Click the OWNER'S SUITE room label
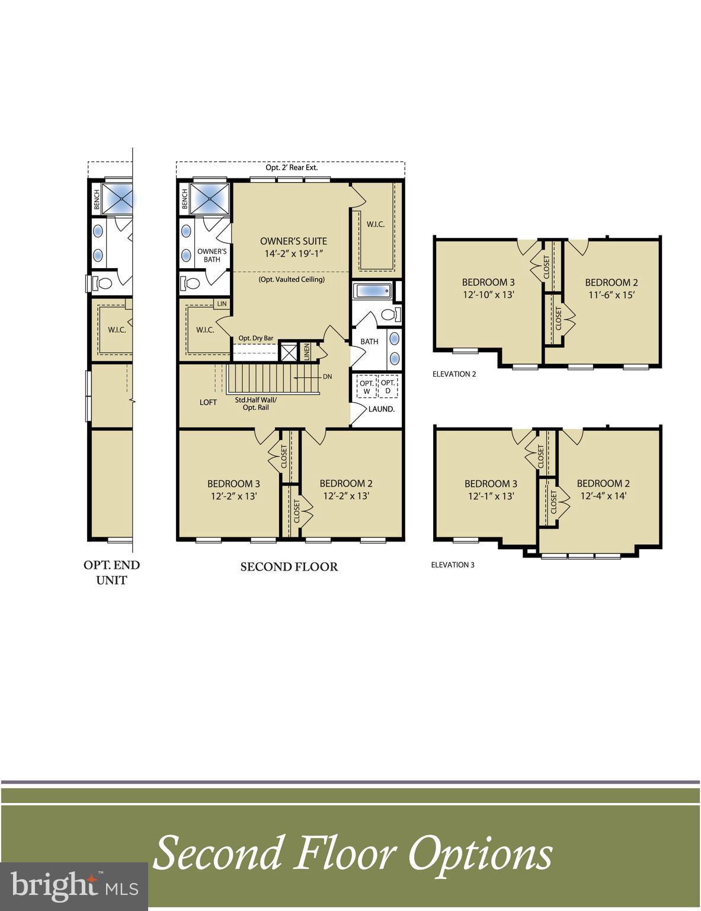coord(293,241)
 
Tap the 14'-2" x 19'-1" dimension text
coord(293,253)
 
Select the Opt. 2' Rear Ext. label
coord(291,167)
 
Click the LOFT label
coord(208,402)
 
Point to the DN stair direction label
coord(328,377)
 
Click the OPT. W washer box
coord(367,387)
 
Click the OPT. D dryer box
coord(388,387)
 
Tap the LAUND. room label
coord(382,409)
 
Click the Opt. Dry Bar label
coord(256,338)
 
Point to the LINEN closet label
coord(306,351)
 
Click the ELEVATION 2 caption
coord(454,374)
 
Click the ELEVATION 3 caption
coord(453,565)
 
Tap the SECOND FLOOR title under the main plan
coord(289,567)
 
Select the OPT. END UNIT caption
coord(111,572)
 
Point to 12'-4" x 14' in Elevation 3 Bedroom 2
coord(603,496)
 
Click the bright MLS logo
coord(74,885)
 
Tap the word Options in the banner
coord(480,853)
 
